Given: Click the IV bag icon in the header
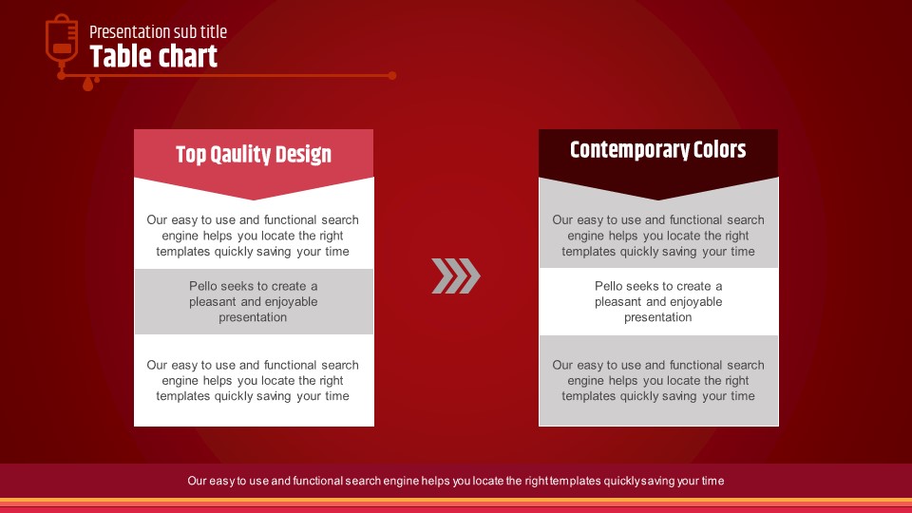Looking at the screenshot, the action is click(62, 40).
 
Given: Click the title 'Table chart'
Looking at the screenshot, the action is click(154, 56).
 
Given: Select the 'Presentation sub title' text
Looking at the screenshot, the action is click(159, 32).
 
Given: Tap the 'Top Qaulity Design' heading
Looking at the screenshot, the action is click(254, 154).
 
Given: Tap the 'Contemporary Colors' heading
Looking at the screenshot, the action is click(657, 149).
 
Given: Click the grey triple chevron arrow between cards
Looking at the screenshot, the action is click(456, 275).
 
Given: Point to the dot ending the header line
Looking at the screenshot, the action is click(392, 76).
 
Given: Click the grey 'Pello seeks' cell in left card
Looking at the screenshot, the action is click(254, 301).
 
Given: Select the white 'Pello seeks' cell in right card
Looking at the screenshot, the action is click(658, 301).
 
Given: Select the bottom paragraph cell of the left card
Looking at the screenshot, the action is click(253, 380).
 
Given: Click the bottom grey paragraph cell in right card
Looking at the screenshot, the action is click(658, 380).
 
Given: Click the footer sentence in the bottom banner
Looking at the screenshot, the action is click(455, 481).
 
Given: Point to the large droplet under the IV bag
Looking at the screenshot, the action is click(87, 85).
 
